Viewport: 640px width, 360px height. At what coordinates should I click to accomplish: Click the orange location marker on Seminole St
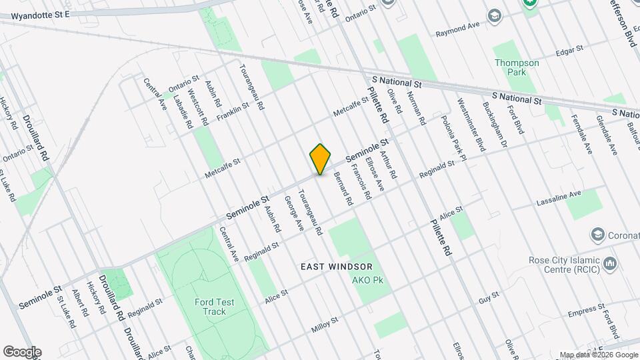tap(320, 159)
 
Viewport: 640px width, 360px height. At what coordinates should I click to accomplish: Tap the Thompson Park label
tap(517, 67)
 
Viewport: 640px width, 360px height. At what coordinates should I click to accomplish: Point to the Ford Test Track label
tap(215, 307)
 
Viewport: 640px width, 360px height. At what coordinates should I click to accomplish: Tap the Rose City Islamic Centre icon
tap(609, 265)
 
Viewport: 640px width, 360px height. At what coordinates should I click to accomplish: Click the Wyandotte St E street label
tap(41, 13)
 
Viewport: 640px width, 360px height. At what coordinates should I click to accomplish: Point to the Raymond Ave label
tap(458, 29)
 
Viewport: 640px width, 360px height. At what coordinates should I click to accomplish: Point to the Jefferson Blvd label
tap(622, 21)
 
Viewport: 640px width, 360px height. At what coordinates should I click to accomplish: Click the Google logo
tap(22, 352)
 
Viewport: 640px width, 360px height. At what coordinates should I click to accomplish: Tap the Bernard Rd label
tap(342, 189)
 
